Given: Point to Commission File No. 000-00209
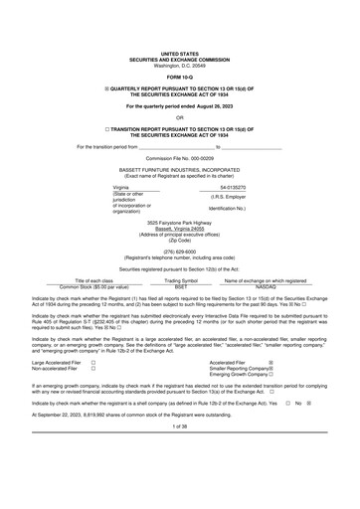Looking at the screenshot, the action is pyautogui.click(x=180, y=157).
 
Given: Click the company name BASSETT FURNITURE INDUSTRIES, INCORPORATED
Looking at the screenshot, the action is pyautogui.click(x=180, y=169).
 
